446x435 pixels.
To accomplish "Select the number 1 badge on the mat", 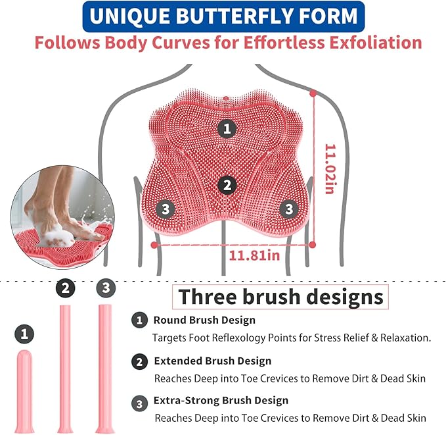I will pos(227,128).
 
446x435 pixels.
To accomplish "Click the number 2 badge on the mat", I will pos(227,186).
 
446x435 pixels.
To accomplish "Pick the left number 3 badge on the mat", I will pos(166,210).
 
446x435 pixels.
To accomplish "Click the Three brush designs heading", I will pos(280,296).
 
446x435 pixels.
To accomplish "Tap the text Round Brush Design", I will pos(204,320).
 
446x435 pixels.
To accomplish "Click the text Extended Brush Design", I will pos(212,361).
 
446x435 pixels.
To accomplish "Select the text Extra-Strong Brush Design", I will pos(221,400).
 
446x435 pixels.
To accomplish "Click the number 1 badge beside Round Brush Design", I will pos(139,320).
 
